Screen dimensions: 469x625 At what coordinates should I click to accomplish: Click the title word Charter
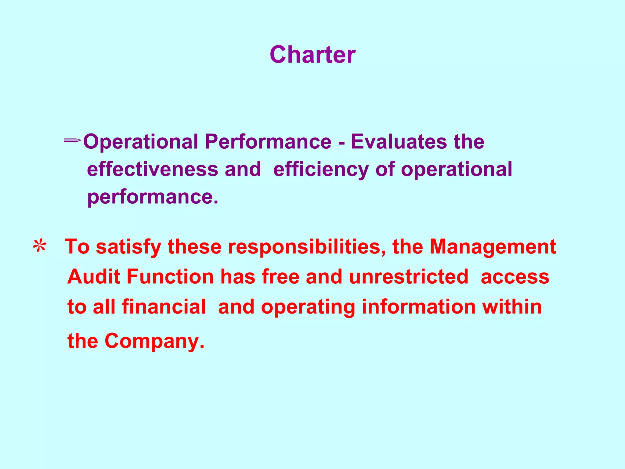point(312,55)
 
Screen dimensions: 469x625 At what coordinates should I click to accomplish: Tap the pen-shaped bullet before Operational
point(72,140)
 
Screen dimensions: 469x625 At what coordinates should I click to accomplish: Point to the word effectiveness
point(153,169)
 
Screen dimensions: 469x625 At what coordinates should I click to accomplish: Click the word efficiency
point(321,170)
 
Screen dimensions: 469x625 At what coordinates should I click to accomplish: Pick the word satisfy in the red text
point(128,247)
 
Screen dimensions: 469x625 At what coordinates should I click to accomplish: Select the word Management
point(493,247)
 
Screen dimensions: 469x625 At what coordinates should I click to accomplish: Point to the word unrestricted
point(408,277)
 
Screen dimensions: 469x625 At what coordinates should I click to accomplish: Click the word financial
point(164,307)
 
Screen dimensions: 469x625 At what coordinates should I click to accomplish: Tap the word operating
point(308,307)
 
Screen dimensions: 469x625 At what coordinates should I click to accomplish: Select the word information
point(418,307)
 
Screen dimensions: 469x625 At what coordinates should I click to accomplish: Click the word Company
point(154,341)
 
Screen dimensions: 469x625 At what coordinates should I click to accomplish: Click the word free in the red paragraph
point(280,277)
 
